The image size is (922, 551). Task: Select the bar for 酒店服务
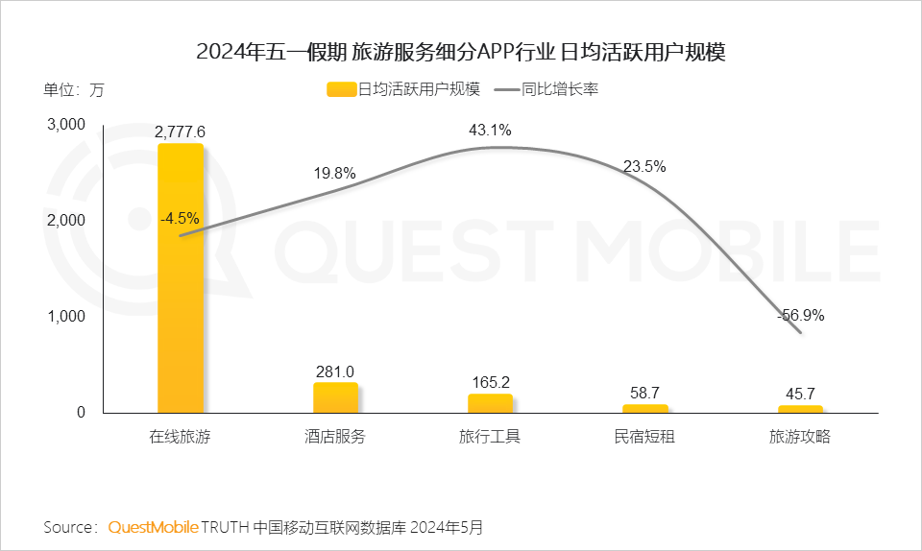335,397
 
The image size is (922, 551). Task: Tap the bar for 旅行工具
490,403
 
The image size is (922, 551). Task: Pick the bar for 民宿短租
644,408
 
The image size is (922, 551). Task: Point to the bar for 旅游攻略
800,409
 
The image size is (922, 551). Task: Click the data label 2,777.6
181,132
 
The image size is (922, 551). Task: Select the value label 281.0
335,371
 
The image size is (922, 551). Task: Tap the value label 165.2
490,382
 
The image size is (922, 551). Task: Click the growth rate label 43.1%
490,130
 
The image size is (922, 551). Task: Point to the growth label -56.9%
800,315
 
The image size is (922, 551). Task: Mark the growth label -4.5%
180,218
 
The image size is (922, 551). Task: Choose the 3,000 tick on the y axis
66,125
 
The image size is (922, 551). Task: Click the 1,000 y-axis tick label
66,317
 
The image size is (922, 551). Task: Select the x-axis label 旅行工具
490,437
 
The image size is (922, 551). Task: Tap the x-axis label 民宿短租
644,437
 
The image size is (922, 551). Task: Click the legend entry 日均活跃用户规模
403,90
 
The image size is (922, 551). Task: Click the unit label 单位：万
73,90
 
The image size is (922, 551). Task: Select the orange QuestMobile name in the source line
154,527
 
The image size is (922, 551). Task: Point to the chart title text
460,52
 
